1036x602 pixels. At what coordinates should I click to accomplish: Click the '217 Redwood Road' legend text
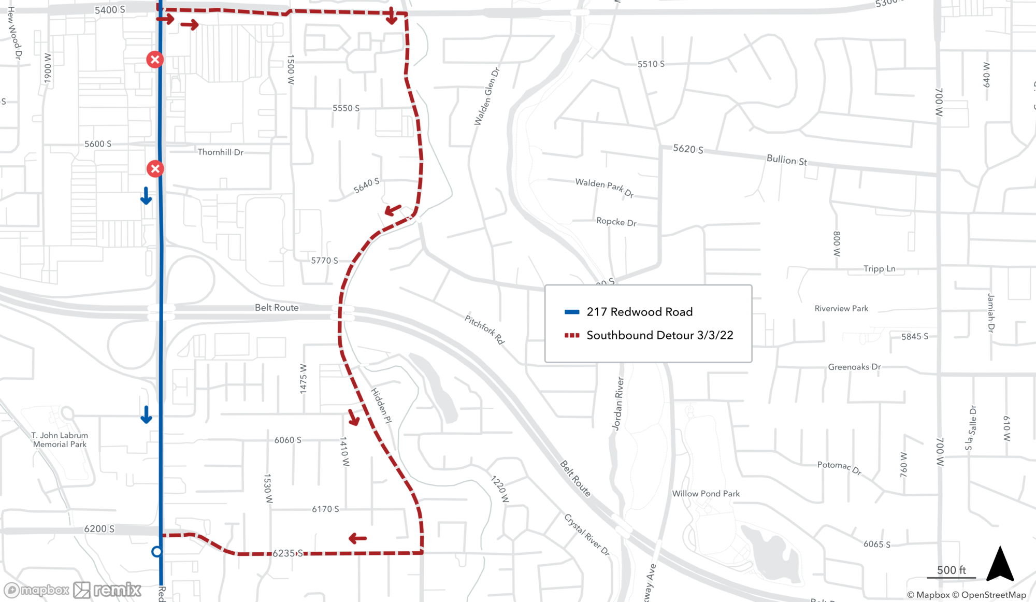click(x=639, y=312)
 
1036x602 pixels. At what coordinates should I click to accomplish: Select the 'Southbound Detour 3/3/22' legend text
click(x=659, y=335)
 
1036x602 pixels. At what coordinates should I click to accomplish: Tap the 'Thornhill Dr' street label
click(x=220, y=152)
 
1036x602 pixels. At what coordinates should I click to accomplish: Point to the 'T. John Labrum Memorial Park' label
click(x=60, y=440)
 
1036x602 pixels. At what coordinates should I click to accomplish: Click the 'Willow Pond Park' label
click(x=706, y=494)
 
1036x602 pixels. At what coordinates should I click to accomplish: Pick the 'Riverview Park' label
click(x=841, y=309)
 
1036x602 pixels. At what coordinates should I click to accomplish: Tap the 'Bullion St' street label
click(x=786, y=160)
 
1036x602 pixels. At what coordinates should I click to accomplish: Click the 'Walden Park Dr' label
click(x=605, y=187)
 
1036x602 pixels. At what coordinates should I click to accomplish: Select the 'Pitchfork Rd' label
click(x=484, y=329)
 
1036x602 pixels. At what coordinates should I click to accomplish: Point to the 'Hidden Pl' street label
click(x=381, y=406)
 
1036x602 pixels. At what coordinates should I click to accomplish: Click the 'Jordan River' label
click(x=618, y=404)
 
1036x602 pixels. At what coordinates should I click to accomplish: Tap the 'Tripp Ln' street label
click(x=879, y=269)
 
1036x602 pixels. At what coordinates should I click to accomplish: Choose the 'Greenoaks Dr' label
click(x=854, y=367)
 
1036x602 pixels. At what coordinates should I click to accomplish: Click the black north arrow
click(x=1000, y=565)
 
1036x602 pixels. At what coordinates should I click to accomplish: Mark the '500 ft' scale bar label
click(x=951, y=570)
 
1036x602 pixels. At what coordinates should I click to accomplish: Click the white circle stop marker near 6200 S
click(x=157, y=552)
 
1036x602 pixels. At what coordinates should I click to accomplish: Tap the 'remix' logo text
click(x=117, y=590)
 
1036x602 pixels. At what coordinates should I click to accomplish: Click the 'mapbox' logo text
click(x=45, y=590)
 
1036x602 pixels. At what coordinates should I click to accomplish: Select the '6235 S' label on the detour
click(x=287, y=553)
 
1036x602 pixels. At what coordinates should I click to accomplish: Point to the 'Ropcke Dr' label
click(x=616, y=222)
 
